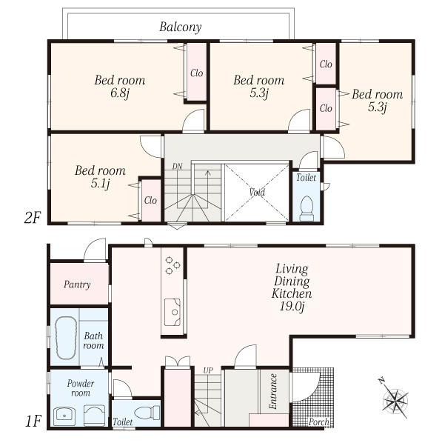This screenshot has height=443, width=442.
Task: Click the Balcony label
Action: click(x=180, y=27)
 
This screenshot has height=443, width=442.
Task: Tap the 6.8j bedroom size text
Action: click(x=118, y=94)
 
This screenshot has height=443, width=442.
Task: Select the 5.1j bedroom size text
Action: click(x=99, y=184)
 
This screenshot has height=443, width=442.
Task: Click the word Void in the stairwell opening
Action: click(x=257, y=192)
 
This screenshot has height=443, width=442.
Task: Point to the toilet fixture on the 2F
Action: click(x=306, y=207)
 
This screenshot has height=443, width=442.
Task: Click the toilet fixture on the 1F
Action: click(x=144, y=412)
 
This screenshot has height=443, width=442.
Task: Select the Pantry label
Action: click(x=77, y=284)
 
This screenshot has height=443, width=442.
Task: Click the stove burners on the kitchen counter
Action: click(x=172, y=265)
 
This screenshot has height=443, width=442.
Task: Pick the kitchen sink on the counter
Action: click(x=173, y=312)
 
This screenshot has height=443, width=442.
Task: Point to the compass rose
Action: click(x=395, y=401)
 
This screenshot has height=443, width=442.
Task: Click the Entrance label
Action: click(x=273, y=392)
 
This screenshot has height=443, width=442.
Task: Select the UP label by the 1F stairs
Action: click(x=207, y=370)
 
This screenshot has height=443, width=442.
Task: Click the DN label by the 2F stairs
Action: click(x=177, y=166)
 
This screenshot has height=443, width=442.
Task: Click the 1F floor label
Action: click(x=33, y=422)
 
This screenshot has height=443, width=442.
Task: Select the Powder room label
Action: click(x=81, y=388)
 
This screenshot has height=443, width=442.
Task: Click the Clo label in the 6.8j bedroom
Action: click(x=196, y=73)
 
